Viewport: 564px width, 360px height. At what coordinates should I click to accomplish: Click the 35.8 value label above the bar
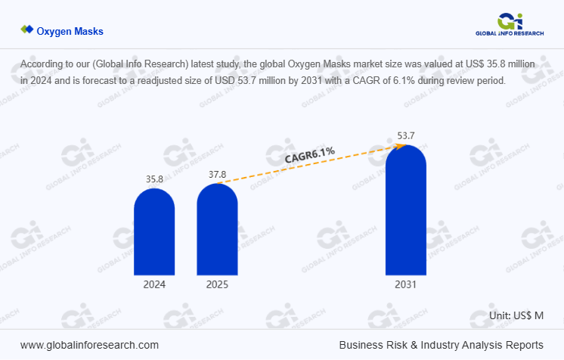click(x=154, y=179)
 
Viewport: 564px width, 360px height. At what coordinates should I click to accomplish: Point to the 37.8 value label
click(x=217, y=174)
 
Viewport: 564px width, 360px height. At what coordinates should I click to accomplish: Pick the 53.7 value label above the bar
click(x=406, y=136)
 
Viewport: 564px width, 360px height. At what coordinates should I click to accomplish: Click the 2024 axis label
click(x=154, y=285)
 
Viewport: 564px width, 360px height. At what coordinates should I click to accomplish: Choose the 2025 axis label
click(x=217, y=285)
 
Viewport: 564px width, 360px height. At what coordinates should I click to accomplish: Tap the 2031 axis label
click(x=405, y=285)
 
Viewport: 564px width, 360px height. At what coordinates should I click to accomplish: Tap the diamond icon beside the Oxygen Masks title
click(x=27, y=29)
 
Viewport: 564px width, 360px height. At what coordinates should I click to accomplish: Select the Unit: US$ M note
click(x=516, y=315)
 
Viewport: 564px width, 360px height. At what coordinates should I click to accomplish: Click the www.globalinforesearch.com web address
click(x=89, y=344)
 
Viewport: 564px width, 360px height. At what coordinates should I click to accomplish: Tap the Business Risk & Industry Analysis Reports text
click(x=441, y=344)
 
